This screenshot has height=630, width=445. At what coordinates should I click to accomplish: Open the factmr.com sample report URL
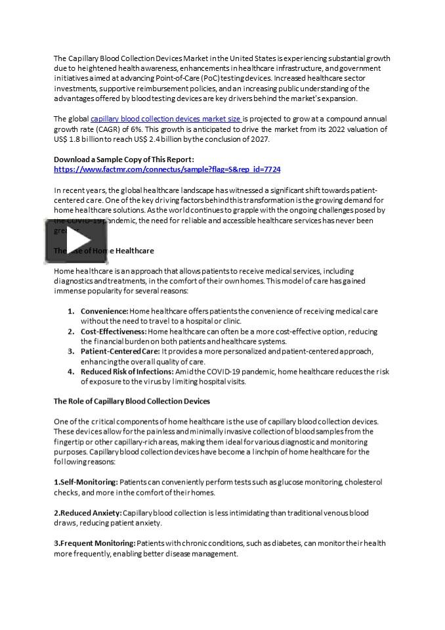point(167,169)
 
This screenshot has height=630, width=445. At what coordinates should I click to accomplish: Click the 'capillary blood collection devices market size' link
point(165,119)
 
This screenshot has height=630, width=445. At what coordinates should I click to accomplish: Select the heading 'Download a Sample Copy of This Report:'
point(123,159)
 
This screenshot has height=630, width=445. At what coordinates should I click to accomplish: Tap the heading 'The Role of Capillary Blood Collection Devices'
point(131,401)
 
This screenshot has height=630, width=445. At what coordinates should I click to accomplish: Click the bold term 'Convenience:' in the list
point(104,311)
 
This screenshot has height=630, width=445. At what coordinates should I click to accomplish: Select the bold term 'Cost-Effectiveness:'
point(114,331)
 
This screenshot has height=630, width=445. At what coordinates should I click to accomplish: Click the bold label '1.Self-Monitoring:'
point(85,482)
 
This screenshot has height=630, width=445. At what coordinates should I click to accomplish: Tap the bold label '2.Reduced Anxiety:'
point(87,513)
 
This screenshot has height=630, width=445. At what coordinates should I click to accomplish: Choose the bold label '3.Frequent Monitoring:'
point(95,543)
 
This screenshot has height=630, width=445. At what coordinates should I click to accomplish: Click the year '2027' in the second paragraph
point(260,139)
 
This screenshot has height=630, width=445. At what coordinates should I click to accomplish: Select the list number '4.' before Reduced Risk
point(71,371)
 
